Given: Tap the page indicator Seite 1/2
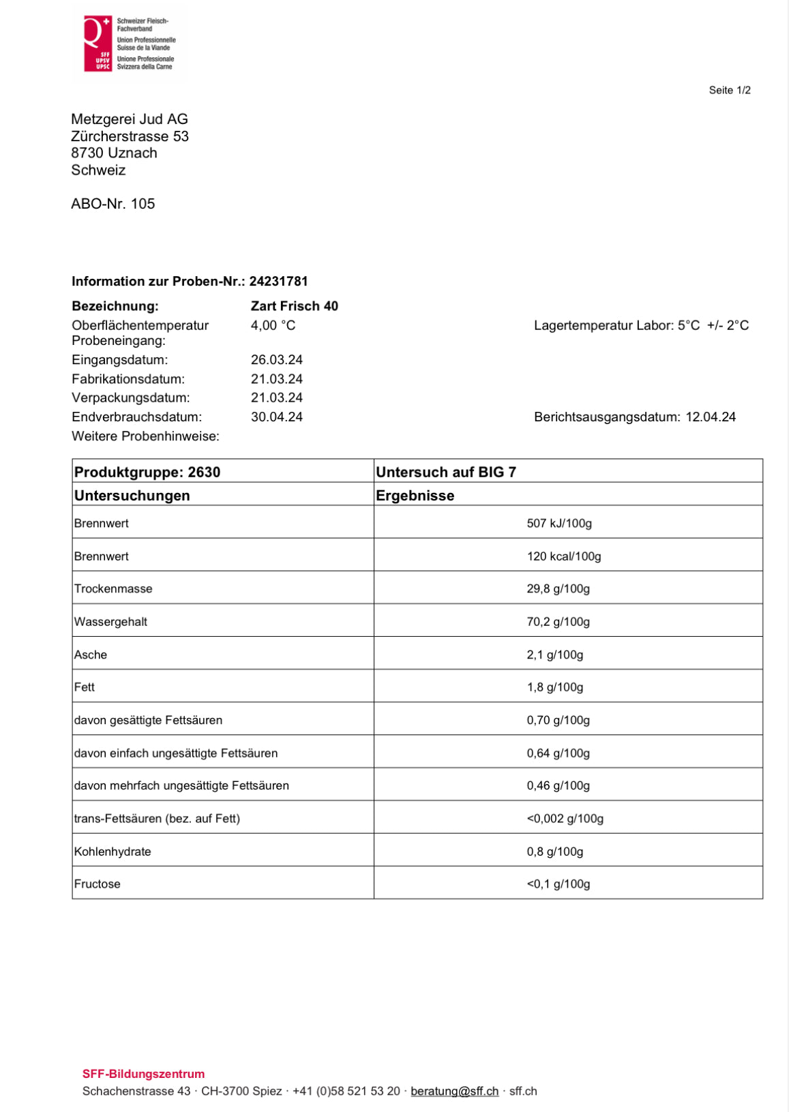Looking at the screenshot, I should point(729,90).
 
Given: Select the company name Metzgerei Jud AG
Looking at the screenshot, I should point(130,119).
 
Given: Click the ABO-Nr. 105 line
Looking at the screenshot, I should point(113,204).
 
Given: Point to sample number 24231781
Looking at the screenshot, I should point(278,281).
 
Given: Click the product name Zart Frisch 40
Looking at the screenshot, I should point(294,306).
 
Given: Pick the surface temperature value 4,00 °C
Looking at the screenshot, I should point(273,325).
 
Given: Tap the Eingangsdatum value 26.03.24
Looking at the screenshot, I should point(276,359).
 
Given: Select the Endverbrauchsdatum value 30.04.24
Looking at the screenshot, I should point(276,417).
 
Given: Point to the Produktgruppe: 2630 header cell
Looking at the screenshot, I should point(147,472).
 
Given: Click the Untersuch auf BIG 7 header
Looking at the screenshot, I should point(446,472).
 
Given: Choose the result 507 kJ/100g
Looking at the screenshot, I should point(559,523).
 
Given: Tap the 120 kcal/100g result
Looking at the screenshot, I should point(563,556).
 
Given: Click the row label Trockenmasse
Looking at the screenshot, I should point(113,588).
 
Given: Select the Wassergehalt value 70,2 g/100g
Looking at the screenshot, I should point(558,622).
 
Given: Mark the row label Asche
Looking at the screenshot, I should point(91,655).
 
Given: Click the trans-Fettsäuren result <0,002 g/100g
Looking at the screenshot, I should point(565,818).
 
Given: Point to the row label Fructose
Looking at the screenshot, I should point(98,884).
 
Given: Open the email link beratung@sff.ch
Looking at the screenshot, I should point(454,1091).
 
